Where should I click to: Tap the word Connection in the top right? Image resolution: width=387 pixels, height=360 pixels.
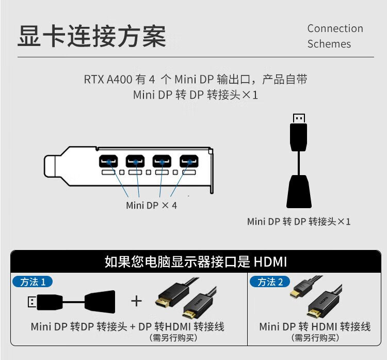point(335,28)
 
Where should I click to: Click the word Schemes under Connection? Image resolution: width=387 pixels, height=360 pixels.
point(329,44)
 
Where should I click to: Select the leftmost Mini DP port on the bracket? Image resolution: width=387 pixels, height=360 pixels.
point(109,162)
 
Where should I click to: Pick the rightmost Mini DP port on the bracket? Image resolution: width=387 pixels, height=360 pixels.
point(189,162)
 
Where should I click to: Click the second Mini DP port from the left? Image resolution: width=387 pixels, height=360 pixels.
point(136,162)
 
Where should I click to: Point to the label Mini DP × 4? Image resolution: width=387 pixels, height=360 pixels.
point(151,205)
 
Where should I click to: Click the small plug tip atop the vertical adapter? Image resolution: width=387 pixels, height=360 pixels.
point(298,117)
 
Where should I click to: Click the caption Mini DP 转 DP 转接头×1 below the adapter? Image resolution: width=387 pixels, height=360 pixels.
point(299,222)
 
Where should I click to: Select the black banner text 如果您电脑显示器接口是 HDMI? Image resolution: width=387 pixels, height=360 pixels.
point(195,261)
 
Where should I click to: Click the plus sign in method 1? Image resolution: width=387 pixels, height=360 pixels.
point(136,301)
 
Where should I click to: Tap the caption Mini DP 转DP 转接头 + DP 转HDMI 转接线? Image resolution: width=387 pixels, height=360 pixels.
point(127,326)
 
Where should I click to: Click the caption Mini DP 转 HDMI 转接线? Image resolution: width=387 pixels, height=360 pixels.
point(315,326)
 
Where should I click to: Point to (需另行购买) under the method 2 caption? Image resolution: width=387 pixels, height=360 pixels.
point(315,338)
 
